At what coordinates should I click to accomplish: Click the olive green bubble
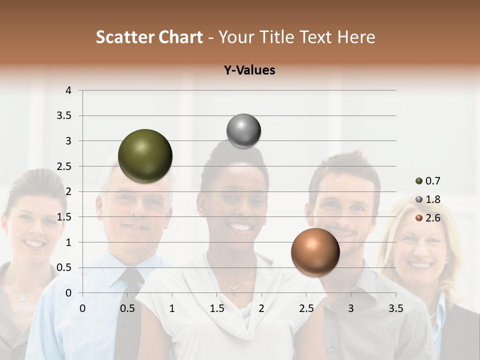(145, 156)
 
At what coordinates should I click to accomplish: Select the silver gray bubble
(243, 131)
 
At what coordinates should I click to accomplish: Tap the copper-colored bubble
(315, 252)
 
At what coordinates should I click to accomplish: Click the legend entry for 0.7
(432, 181)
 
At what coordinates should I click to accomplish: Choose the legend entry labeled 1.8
(432, 199)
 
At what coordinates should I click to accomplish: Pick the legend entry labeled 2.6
(432, 217)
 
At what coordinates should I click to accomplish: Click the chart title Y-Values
(249, 70)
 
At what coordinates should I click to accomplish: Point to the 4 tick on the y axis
(68, 90)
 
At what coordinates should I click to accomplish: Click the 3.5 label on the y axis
(64, 116)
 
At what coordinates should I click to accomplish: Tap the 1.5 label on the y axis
(64, 217)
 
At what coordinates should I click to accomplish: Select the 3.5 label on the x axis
(395, 308)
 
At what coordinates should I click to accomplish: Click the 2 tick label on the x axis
(261, 308)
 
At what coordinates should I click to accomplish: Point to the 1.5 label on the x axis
(216, 308)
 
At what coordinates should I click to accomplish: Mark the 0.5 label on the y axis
(64, 267)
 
